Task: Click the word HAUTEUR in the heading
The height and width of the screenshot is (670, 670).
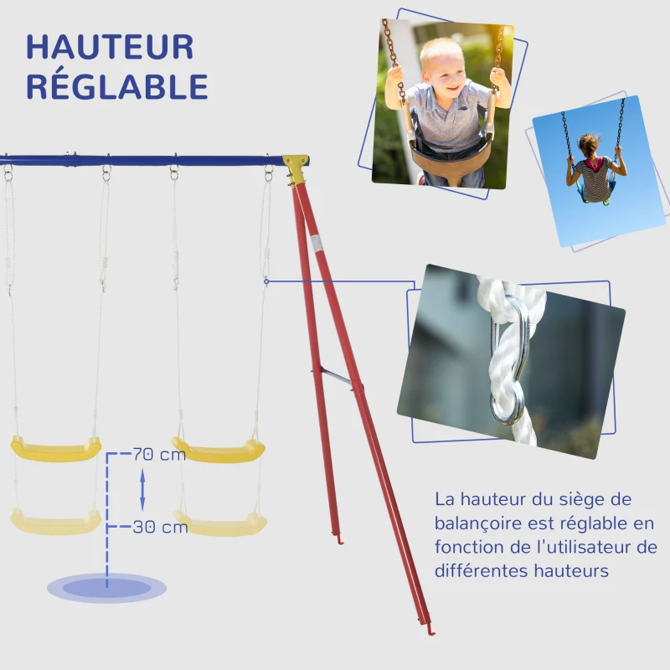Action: click(x=110, y=47)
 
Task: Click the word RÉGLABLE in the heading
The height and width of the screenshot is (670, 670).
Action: click(x=117, y=86)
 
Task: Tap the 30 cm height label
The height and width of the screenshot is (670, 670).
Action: click(x=160, y=528)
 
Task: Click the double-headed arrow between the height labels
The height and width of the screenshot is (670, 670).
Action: click(x=142, y=491)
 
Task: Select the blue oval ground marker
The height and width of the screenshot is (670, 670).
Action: click(x=106, y=587)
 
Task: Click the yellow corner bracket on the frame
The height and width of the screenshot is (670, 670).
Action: click(x=294, y=167)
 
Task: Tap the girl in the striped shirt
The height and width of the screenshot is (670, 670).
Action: click(x=595, y=172)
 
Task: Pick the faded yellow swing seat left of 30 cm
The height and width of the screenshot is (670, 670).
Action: click(x=55, y=523)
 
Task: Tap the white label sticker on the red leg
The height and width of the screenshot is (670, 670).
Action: click(x=316, y=244)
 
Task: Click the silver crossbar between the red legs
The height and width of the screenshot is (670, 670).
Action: click(x=335, y=377)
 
